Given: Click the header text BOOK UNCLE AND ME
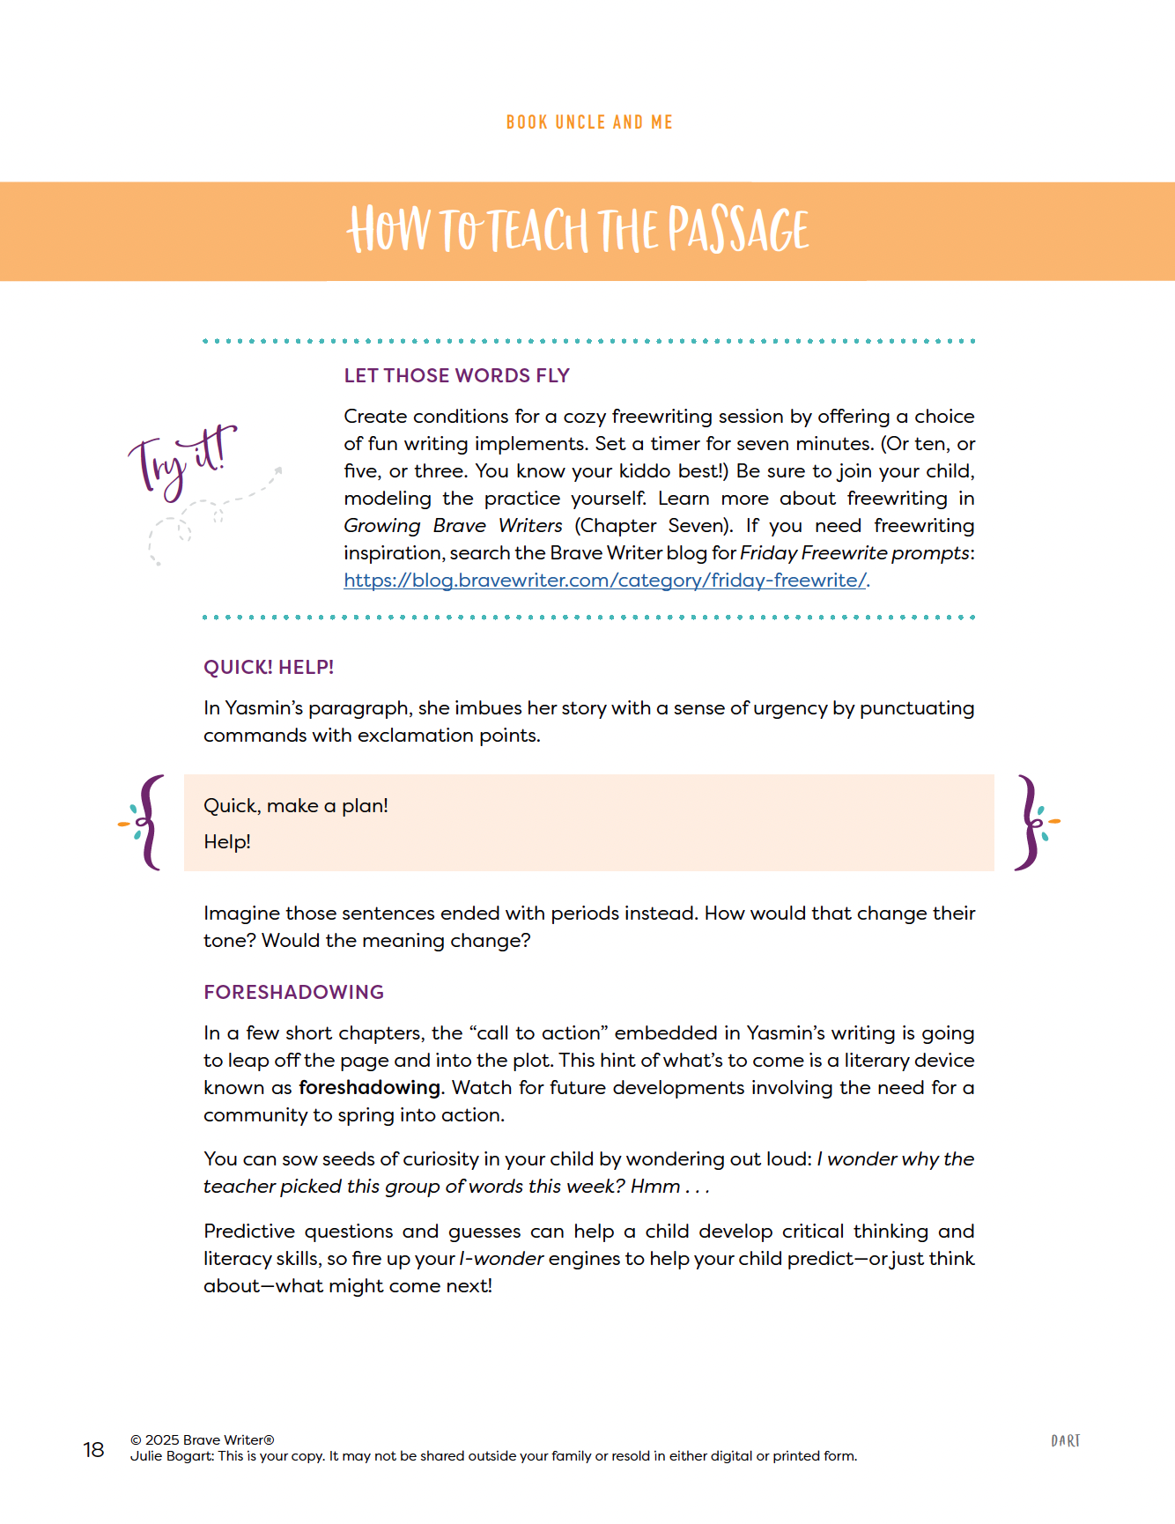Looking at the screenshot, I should tap(589, 122).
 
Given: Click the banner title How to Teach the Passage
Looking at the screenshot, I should tap(579, 230).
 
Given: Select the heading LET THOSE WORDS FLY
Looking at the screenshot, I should tap(456, 376).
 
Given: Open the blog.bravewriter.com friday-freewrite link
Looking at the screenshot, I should tap(605, 581).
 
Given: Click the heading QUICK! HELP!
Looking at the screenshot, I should tap(269, 668).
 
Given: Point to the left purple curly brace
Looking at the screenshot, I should tap(150, 823).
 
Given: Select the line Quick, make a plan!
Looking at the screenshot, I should tap(296, 806).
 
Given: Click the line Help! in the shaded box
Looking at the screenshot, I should tap(227, 842).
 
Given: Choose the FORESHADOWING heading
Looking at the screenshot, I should tap(293, 993).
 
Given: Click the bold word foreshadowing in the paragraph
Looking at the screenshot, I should tap(369, 1088).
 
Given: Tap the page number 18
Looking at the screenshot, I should tap(93, 1450).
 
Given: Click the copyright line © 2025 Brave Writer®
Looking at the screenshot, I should tap(203, 1440).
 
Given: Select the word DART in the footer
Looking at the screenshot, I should tap(1065, 1441).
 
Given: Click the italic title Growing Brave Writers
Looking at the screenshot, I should tap(453, 526).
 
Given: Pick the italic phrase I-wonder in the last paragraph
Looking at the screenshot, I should tap(501, 1259).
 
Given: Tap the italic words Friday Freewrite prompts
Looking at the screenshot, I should tap(854, 553).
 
